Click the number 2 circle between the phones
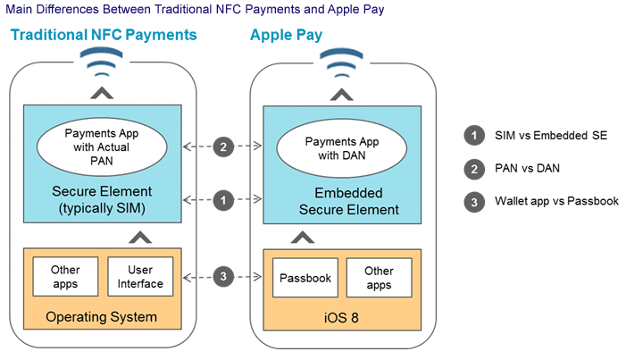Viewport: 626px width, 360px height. point(223,147)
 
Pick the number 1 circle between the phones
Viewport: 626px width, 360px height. point(223,199)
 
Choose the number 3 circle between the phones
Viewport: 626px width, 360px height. point(223,277)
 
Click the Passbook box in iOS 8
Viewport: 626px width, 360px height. point(305,278)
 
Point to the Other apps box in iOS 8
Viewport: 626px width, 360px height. point(379,278)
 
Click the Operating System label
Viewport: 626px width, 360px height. point(102,317)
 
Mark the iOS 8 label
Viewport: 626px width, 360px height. point(344,317)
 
